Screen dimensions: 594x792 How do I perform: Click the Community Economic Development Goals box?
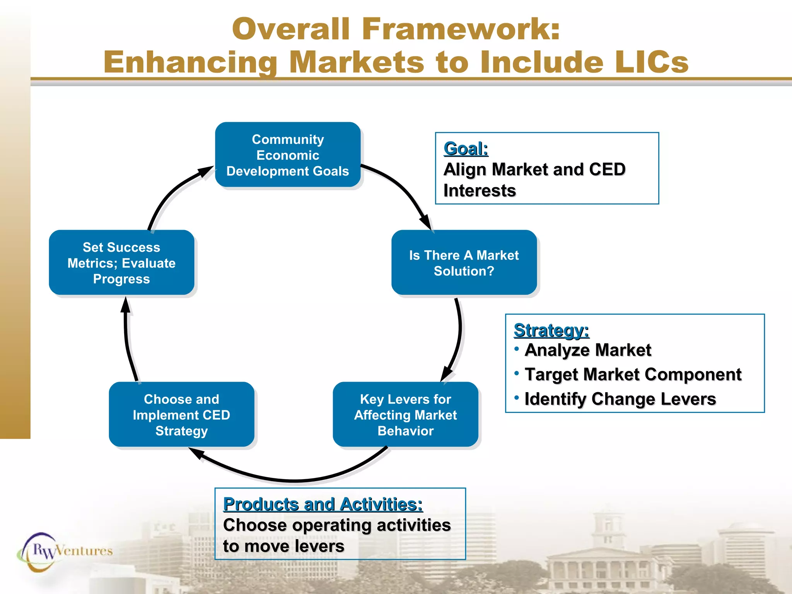[x=288, y=155]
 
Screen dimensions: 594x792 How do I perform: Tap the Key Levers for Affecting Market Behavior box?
[x=405, y=415]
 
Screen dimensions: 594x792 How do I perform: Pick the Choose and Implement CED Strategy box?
[x=181, y=415]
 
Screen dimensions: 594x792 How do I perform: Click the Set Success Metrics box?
[x=121, y=263]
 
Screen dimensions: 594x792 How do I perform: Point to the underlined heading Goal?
[x=466, y=149]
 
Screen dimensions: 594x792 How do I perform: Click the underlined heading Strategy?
[x=551, y=331]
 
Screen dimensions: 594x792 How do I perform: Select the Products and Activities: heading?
[x=323, y=504]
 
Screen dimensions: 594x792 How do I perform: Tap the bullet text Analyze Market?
[x=588, y=350]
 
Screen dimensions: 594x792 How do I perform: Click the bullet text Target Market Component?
[x=633, y=375]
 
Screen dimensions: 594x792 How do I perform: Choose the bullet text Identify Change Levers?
[x=620, y=399]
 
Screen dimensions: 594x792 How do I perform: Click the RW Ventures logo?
[x=66, y=551]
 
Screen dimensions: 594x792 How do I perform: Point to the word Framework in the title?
[x=460, y=29]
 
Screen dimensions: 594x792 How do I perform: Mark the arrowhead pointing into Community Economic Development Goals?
[x=205, y=171]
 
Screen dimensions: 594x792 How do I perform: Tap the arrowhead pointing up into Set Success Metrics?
[x=125, y=306]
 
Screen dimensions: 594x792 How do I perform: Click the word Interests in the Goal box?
[x=480, y=191]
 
